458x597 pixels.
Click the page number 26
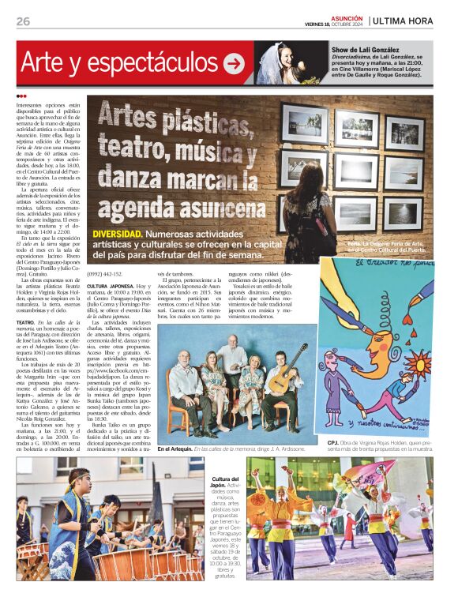[23, 21]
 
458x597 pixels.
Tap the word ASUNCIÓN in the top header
[347, 17]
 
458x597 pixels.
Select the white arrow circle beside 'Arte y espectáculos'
[234, 63]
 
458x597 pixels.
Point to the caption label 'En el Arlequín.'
[174, 449]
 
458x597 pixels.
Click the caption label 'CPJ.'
[332, 444]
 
